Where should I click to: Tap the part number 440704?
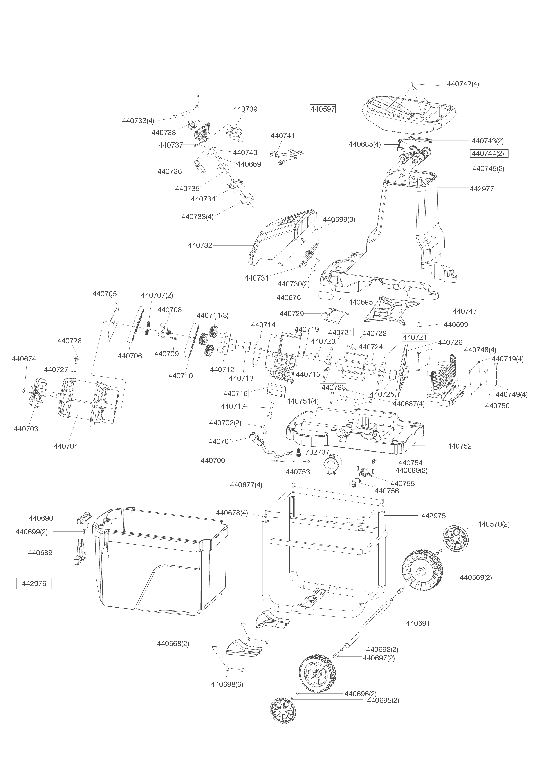(66, 446)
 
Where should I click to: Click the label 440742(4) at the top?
(463, 84)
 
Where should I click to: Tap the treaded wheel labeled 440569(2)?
(422, 570)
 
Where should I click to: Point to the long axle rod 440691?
(369, 624)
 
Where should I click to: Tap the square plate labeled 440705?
(111, 323)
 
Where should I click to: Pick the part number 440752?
(459, 446)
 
